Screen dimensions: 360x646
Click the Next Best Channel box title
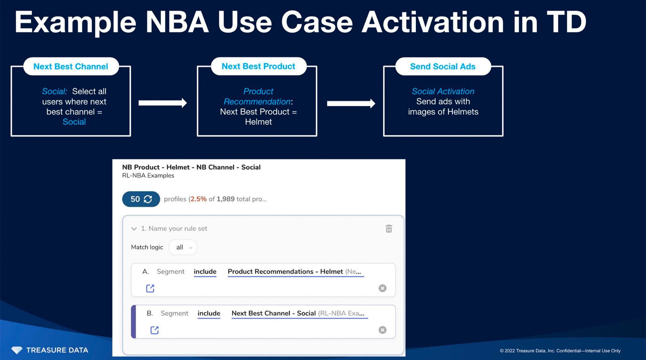point(71,67)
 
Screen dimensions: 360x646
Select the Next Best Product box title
point(258,66)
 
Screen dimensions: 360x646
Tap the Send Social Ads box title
point(443,67)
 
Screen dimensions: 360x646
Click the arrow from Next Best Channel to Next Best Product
point(162,103)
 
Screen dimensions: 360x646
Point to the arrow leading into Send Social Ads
point(350,103)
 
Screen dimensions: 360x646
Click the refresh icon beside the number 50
point(148,199)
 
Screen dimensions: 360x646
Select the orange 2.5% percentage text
point(199,199)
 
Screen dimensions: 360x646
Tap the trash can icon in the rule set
point(389,229)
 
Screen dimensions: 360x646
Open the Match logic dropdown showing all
point(183,247)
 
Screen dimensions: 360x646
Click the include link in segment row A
point(205,272)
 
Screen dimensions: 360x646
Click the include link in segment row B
point(209,313)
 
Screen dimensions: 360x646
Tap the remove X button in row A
point(382,288)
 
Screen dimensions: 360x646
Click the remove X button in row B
point(382,330)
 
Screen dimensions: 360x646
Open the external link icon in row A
point(150,288)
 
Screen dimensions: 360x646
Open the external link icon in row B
point(154,330)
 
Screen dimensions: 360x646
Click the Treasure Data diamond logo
point(17,350)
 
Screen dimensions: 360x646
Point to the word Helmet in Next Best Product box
point(258,122)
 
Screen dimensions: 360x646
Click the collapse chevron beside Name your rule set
point(134,229)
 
